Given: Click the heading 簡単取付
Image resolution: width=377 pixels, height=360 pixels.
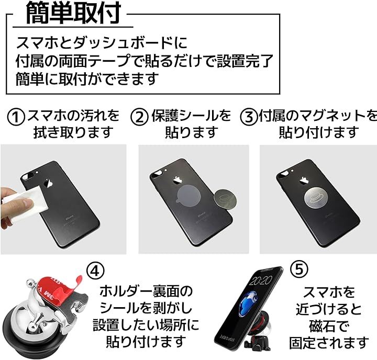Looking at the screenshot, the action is pyautogui.click(x=73, y=13).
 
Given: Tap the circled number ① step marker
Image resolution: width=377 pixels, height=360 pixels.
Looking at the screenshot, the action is pyautogui.click(x=16, y=117).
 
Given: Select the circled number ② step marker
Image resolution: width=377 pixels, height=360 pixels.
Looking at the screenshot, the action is pyautogui.click(x=139, y=117).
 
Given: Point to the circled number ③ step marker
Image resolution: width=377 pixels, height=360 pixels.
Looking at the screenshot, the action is pyautogui.click(x=249, y=117).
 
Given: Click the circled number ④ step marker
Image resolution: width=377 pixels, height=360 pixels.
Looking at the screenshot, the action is pyautogui.click(x=95, y=271).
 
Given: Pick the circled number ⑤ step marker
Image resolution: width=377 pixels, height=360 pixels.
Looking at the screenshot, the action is pyautogui.click(x=299, y=269).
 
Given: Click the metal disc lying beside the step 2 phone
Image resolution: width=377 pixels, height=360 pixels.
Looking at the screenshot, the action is pyautogui.click(x=225, y=199).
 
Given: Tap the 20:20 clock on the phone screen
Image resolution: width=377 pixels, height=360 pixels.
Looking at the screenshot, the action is pyautogui.click(x=260, y=280).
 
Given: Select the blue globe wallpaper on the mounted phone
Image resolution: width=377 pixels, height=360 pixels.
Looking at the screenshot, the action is pyautogui.click(x=247, y=303).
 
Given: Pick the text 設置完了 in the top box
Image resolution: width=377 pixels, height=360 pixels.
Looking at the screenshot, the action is pyautogui.click(x=245, y=61).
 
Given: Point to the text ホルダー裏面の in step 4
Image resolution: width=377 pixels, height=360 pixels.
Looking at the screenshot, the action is pyautogui.click(x=147, y=291).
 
